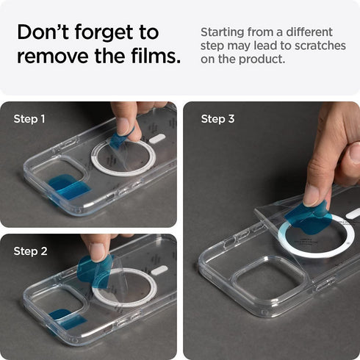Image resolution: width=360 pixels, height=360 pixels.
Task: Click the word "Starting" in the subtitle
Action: click(224, 32)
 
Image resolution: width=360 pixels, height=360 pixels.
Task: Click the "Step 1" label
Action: click(29, 118)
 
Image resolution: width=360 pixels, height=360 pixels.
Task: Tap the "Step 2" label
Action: click(29, 251)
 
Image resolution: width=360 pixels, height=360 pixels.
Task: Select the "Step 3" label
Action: click(217, 118)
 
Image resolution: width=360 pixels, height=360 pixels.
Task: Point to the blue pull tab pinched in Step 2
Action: click(96, 269)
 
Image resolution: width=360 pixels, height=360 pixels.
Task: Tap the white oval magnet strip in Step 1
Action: click(156, 138)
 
